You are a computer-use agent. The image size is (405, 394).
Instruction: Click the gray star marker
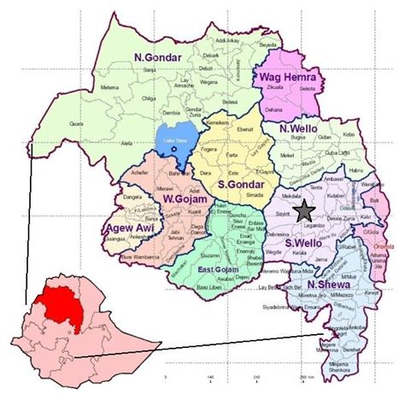point(304,210)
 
